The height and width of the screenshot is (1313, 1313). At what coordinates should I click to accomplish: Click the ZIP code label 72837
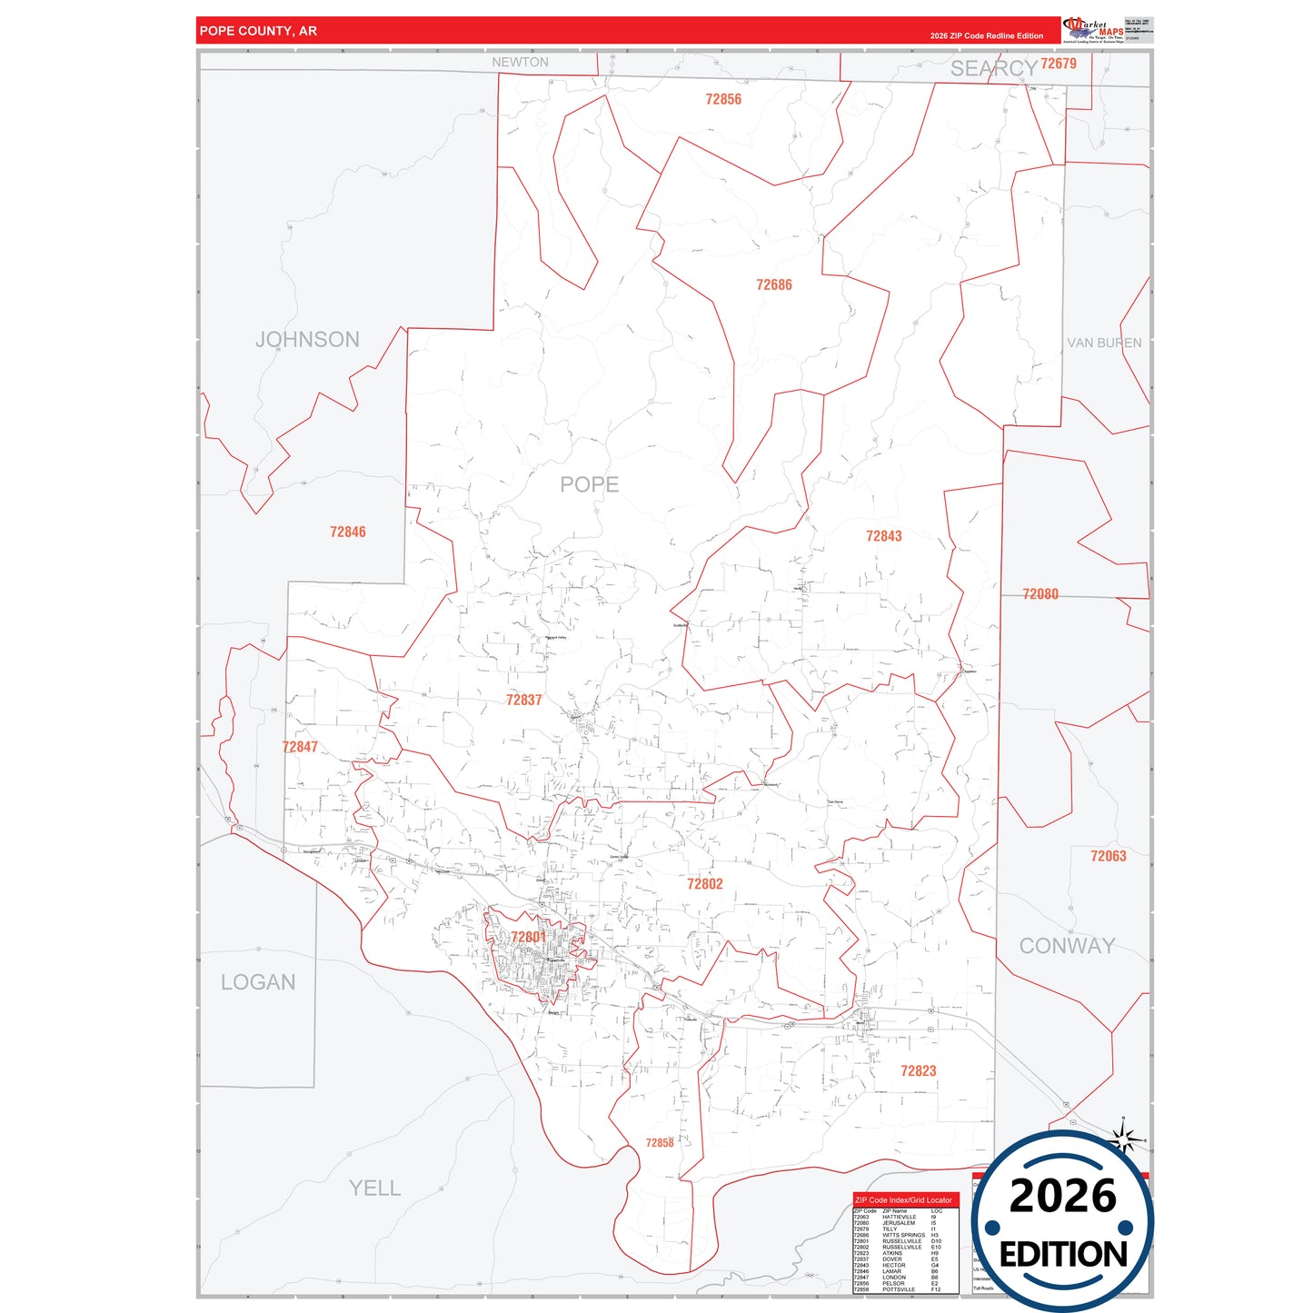[x=524, y=700]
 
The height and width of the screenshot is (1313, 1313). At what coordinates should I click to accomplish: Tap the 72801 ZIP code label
[x=528, y=937]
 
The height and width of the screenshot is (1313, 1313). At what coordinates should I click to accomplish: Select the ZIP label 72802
[x=705, y=884]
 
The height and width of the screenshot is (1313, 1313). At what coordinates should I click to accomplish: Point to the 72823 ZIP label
[x=918, y=1071]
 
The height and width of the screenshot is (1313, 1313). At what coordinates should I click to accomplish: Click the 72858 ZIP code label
[x=660, y=1143]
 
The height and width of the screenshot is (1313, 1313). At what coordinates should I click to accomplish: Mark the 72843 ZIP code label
[x=883, y=536]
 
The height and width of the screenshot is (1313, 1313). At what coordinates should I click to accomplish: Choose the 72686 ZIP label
[x=774, y=284]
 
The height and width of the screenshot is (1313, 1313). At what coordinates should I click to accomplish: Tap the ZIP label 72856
[x=723, y=99]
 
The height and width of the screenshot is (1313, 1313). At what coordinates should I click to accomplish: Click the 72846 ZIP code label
[x=348, y=532]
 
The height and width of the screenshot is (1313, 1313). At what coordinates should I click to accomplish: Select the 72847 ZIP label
[x=300, y=747]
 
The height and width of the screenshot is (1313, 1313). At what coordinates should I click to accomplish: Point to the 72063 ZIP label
[x=1108, y=856]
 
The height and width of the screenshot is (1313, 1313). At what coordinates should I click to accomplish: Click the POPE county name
[x=589, y=484]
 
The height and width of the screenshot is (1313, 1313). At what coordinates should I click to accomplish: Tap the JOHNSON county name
[x=307, y=340]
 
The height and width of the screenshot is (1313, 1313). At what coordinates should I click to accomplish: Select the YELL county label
[x=374, y=1188]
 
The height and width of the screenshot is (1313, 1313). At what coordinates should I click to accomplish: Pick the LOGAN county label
[x=258, y=982]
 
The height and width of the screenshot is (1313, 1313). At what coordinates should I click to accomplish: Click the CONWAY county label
[x=1067, y=946]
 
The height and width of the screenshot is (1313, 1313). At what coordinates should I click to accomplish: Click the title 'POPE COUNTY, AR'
[x=258, y=31]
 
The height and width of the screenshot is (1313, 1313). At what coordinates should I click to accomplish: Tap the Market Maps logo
[x=1092, y=30]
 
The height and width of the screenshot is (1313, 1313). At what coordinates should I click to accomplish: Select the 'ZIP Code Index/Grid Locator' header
[x=904, y=1200]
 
